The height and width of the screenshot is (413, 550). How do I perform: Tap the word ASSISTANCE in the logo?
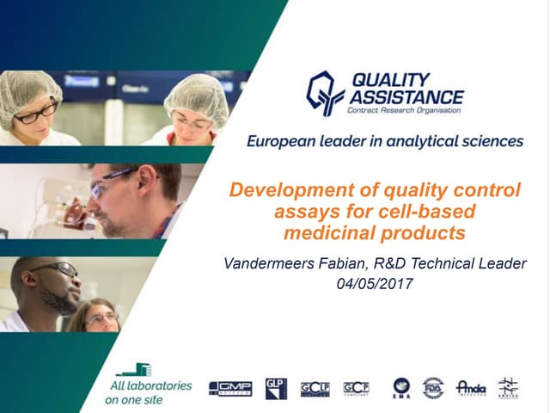(x=406, y=96)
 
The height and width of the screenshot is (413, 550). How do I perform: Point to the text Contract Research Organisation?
(x=404, y=111)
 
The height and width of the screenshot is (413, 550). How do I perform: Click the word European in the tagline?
(x=280, y=141)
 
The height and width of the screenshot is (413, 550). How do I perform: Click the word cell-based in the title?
(x=437, y=211)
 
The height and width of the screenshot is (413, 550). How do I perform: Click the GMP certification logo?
(x=230, y=389)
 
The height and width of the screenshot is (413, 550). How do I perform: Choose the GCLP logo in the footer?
(x=315, y=389)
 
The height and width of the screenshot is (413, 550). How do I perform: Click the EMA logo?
(x=401, y=389)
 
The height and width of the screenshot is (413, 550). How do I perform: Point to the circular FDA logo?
(x=433, y=388)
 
